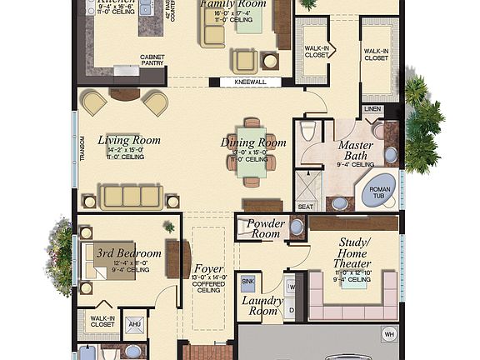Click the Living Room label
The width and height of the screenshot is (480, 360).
tap(128, 140)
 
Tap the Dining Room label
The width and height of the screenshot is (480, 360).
tap(253, 142)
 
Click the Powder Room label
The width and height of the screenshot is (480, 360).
tap(266, 229)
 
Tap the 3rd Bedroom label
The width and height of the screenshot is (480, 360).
tap(127, 253)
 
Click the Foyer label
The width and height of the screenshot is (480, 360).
tap(207, 270)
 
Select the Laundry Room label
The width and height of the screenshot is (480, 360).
tap(262, 305)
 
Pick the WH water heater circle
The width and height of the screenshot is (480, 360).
tap(388, 335)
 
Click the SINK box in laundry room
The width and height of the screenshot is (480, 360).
tap(247, 282)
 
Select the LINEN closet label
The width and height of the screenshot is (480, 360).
tap(372, 109)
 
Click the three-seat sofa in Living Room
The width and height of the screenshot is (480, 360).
tap(129, 197)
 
